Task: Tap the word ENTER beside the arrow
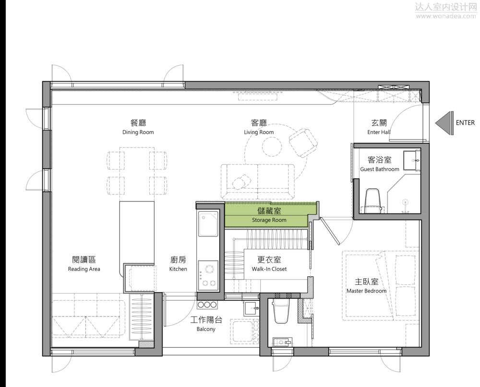click(465, 123)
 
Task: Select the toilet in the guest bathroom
click(373, 200)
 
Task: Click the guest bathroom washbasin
click(412, 160)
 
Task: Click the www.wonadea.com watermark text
click(446, 16)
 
